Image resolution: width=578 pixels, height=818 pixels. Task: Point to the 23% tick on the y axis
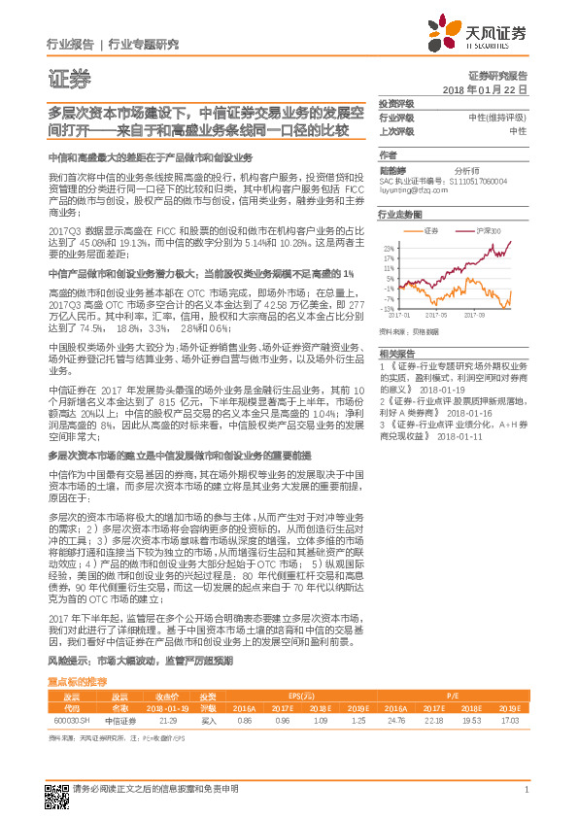pyautogui.click(x=388, y=249)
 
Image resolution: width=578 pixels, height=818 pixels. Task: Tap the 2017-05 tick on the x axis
pyautogui.click(x=443, y=315)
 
